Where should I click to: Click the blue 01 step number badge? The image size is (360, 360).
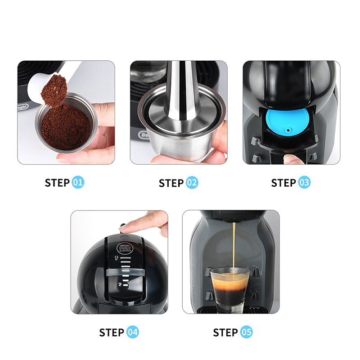pos(78,183)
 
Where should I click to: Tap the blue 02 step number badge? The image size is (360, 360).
pos(192,183)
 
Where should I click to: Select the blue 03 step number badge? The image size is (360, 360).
pos(304,183)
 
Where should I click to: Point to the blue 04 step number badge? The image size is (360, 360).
pos(132,332)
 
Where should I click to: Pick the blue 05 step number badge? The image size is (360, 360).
pos(246,332)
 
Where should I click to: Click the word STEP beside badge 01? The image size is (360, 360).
pos(57,183)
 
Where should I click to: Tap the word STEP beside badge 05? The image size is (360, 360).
pos(225,333)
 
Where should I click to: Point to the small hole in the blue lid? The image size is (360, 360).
pos(288,130)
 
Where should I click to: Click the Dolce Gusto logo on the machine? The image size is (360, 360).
pos(124,248)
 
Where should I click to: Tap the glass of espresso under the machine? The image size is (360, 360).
pos(230,290)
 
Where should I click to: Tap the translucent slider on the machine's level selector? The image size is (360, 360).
pos(126,272)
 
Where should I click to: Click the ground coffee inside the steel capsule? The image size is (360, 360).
pos(66,127)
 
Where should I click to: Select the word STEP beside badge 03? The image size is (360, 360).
pos(283,183)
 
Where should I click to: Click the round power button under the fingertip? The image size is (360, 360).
pos(124,236)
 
